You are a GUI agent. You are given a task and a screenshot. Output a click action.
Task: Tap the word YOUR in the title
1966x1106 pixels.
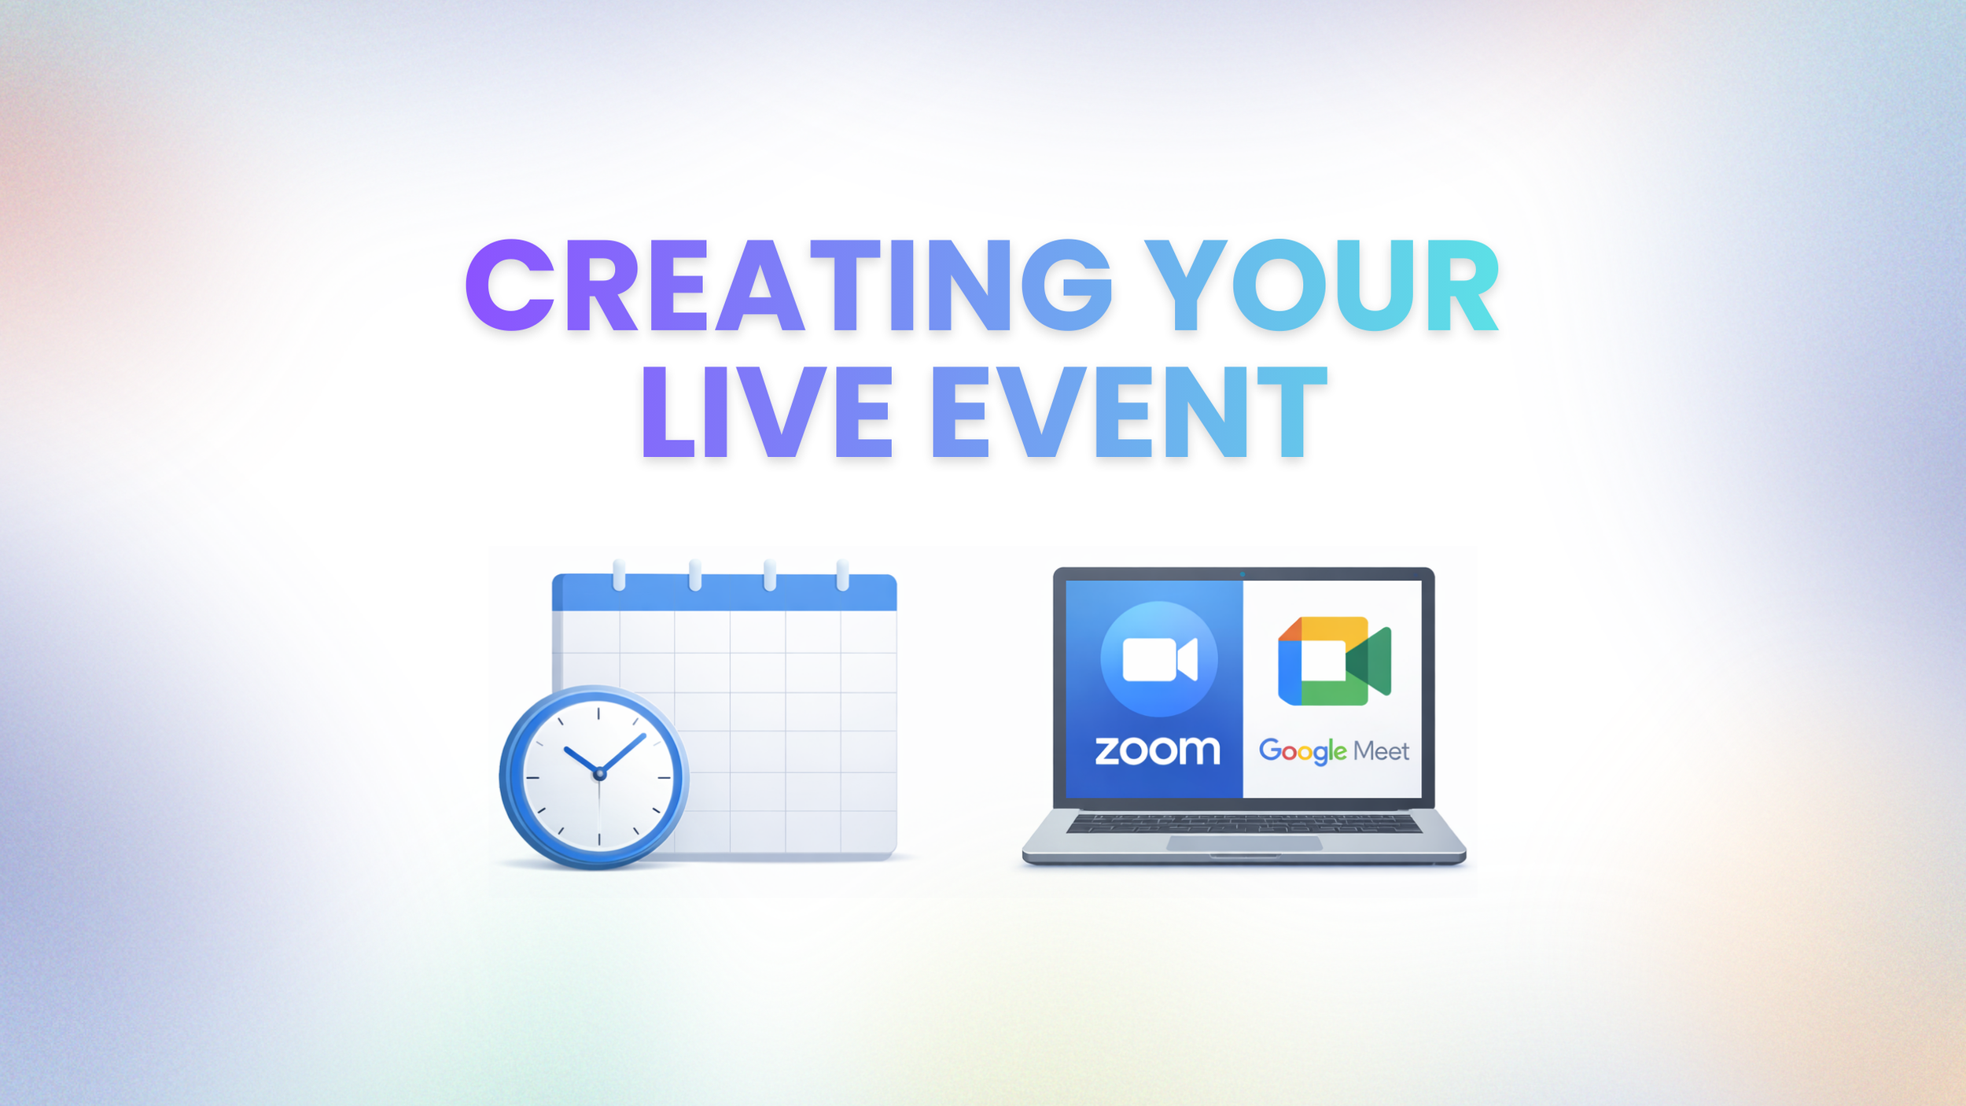point(1321,286)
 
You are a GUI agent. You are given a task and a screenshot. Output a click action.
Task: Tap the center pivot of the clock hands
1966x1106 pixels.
point(600,774)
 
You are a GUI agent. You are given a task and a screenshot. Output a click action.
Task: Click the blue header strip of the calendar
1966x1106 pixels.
point(723,594)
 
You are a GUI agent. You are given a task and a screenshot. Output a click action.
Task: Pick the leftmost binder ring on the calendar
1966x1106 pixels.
point(619,575)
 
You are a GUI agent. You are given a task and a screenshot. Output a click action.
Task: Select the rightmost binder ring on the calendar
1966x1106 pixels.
point(842,575)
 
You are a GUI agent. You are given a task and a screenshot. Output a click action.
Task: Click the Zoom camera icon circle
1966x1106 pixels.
point(1158,659)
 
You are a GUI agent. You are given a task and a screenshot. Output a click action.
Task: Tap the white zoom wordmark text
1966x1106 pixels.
point(1158,750)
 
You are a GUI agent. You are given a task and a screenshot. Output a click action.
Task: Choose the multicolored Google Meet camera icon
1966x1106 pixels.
point(1334,661)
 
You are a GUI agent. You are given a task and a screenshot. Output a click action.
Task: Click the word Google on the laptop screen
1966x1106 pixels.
point(1302,751)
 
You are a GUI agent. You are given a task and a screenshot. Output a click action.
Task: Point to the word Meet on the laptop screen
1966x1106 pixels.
point(1381,752)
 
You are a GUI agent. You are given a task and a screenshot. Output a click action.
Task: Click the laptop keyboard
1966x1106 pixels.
point(1243,824)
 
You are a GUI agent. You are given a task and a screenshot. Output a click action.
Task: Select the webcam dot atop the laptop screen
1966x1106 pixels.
point(1243,574)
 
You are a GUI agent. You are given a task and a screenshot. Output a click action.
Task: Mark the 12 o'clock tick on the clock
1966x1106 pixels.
point(598,713)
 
